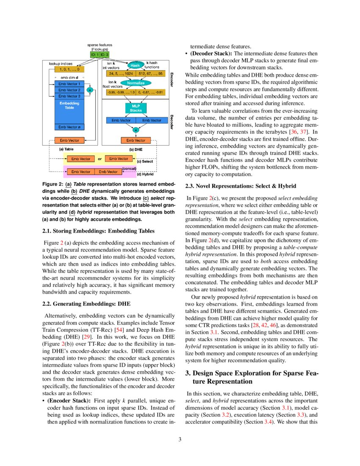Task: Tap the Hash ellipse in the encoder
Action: coord(135,66)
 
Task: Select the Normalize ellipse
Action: coord(136,83)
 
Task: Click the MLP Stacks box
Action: coord(136,108)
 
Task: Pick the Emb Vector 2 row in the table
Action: coord(69,90)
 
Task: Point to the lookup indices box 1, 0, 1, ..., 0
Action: coord(69,69)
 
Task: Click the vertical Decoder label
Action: coord(172,122)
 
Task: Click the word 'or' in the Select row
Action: coord(100,159)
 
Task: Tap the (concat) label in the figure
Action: coord(129,169)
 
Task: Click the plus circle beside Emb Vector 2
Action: coord(90,90)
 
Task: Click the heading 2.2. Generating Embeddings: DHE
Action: coord(87,304)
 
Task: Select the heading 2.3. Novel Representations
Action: coord(241,186)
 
